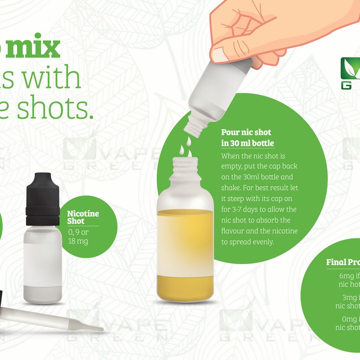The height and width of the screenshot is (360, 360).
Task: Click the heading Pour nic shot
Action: point(246,132)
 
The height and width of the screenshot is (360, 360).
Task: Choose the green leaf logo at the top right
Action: point(350,68)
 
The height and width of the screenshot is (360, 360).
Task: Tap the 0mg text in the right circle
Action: point(349,318)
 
